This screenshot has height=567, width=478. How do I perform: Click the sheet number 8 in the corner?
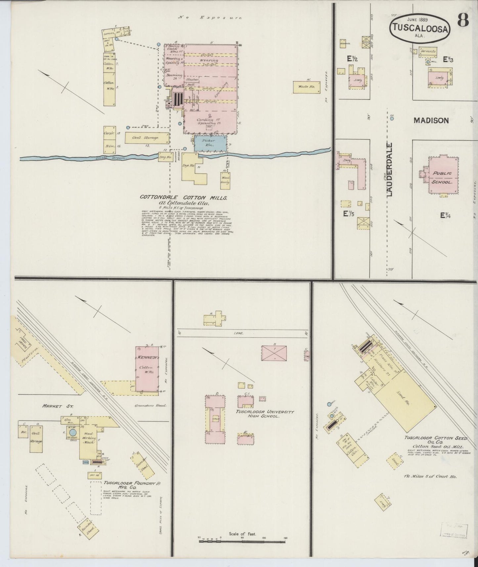[x=463, y=21]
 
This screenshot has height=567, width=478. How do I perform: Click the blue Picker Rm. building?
[x=210, y=143]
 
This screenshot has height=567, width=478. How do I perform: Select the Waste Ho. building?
[x=307, y=87]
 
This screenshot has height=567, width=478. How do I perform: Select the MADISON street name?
[x=431, y=120]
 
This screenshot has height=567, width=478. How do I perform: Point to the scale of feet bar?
[x=242, y=541]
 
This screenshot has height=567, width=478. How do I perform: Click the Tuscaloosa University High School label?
[x=265, y=414]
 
